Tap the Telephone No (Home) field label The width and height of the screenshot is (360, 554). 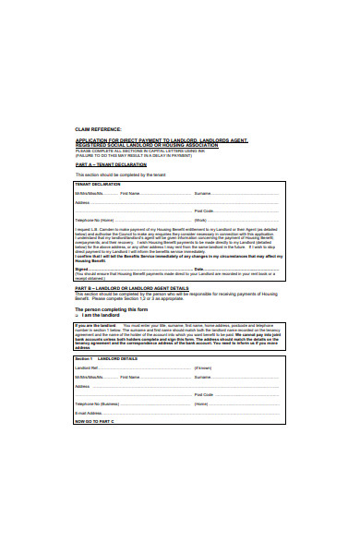[94, 220]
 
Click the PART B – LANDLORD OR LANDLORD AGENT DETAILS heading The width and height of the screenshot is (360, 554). [132, 288]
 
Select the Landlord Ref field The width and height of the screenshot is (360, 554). [138, 367]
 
